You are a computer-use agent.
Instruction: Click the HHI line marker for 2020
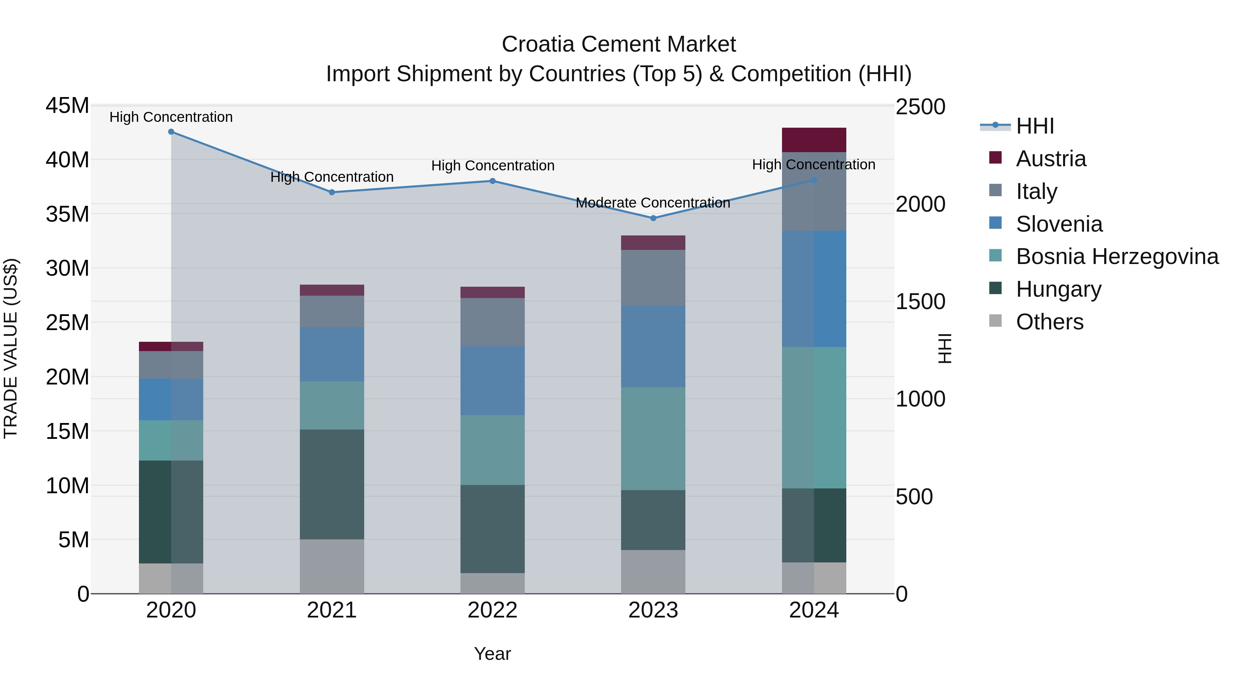(171, 132)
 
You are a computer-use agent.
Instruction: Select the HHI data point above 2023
(653, 218)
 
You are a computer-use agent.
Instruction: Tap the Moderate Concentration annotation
(653, 203)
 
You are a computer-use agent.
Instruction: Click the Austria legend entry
(1051, 159)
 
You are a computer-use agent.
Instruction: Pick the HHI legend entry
(1035, 126)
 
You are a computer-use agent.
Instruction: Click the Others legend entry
(1049, 322)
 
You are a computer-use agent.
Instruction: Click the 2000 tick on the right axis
(920, 204)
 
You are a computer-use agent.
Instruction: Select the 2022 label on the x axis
(492, 610)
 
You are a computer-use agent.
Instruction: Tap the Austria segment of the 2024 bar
(814, 140)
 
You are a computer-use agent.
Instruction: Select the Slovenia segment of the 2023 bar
(653, 346)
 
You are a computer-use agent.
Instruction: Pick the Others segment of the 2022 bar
(492, 583)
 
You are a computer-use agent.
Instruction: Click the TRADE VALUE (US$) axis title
(11, 348)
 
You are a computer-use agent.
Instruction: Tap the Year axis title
(492, 654)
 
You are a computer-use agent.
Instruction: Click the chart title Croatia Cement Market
(619, 44)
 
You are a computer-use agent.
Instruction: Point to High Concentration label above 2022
(492, 166)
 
